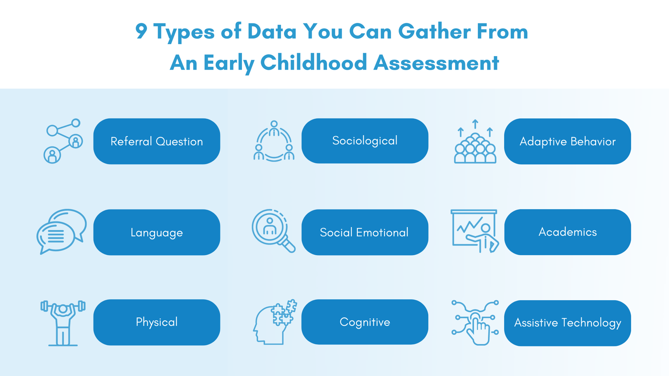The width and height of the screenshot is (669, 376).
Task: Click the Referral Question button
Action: click(157, 141)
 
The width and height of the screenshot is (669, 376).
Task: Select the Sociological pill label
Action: click(365, 141)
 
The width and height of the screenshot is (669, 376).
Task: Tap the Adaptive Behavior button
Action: click(567, 141)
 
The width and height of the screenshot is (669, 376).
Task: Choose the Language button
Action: click(157, 232)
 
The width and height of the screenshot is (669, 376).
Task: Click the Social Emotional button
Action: click(365, 232)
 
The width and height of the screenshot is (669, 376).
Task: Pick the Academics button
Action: click(567, 232)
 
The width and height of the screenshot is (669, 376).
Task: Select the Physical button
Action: click(157, 322)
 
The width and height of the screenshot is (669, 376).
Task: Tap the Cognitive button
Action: click(365, 322)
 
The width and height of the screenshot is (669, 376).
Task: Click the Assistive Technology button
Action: click(567, 323)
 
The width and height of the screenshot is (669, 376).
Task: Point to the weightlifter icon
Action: click(63, 323)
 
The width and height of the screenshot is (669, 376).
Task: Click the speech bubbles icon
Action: click(62, 231)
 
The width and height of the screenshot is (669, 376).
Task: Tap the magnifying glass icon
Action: click(273, 230)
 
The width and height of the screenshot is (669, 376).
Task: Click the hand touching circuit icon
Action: click(475, 322)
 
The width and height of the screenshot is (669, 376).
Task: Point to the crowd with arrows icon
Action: click(475, 142)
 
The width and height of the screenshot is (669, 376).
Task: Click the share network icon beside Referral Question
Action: click(63, 141)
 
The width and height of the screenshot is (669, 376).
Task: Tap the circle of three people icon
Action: click(274, 141)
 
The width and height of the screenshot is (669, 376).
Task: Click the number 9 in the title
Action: click(141, 32)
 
